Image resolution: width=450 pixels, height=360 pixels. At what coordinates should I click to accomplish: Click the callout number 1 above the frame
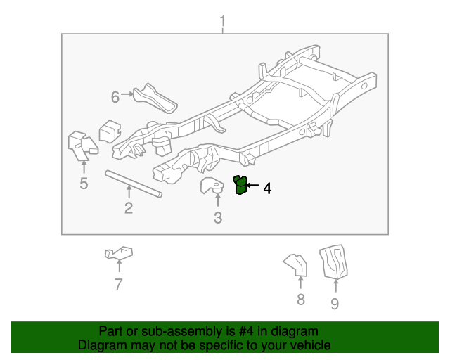pos(223,21)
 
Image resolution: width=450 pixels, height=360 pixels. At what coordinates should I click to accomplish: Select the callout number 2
pos(129,208)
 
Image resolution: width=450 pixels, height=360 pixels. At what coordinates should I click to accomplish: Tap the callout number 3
pos(218,218)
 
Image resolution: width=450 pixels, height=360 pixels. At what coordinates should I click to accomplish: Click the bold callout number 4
pos(267,188)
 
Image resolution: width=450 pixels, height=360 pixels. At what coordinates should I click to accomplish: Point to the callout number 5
pos(84,183)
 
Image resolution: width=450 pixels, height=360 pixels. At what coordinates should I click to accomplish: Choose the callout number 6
pos(115,97)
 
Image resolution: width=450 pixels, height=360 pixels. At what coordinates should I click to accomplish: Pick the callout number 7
pos(119,284)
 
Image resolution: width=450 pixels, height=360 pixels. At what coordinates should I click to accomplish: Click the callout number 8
pos(301,300)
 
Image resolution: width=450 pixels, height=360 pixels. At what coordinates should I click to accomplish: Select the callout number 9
pos(335,304)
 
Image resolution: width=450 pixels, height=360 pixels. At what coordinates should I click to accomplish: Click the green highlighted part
pos(240,185)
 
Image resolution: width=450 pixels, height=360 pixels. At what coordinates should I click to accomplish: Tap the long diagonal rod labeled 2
pos(134,184)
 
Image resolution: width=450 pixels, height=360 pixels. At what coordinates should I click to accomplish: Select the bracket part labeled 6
pos(155,98)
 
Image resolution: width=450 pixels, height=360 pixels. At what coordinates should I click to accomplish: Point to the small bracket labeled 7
pos(119,252)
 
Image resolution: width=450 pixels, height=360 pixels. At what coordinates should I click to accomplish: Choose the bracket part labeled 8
pos(295,265)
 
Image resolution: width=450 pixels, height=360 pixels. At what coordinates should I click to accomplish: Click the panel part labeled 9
pos(334,262)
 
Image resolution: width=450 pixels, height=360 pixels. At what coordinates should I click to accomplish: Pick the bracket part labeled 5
pos(83,146)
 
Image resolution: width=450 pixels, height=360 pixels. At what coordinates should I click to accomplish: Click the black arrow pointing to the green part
pos(252,185)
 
